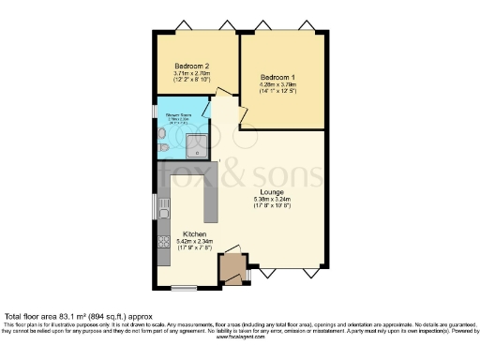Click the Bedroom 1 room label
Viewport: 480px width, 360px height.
278,76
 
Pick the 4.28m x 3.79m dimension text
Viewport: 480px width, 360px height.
278,84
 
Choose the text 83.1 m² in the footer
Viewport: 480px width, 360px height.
71,316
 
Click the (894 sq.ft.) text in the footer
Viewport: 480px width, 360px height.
106,316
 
